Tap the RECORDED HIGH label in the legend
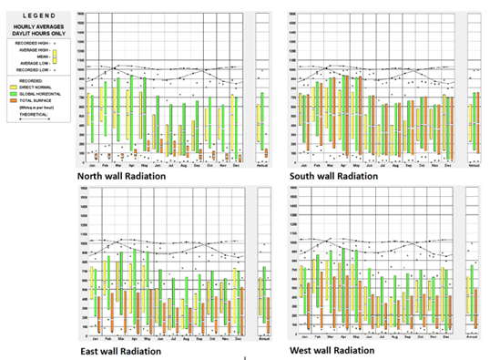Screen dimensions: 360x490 31,42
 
